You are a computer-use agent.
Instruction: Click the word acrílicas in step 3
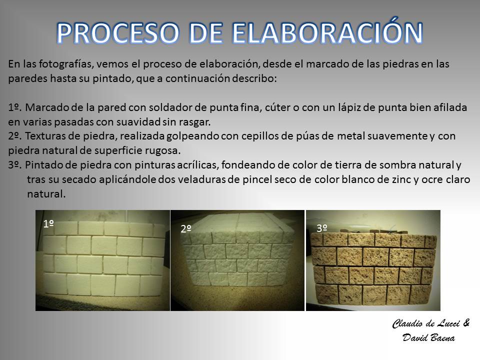198,165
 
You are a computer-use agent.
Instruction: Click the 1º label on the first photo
48,224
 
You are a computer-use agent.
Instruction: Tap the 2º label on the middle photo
186,228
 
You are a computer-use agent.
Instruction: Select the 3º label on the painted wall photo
321,228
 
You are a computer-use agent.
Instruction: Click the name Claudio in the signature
407,323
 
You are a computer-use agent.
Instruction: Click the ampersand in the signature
466,323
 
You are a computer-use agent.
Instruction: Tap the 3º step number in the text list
14,165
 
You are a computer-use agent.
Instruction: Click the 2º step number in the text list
14,136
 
